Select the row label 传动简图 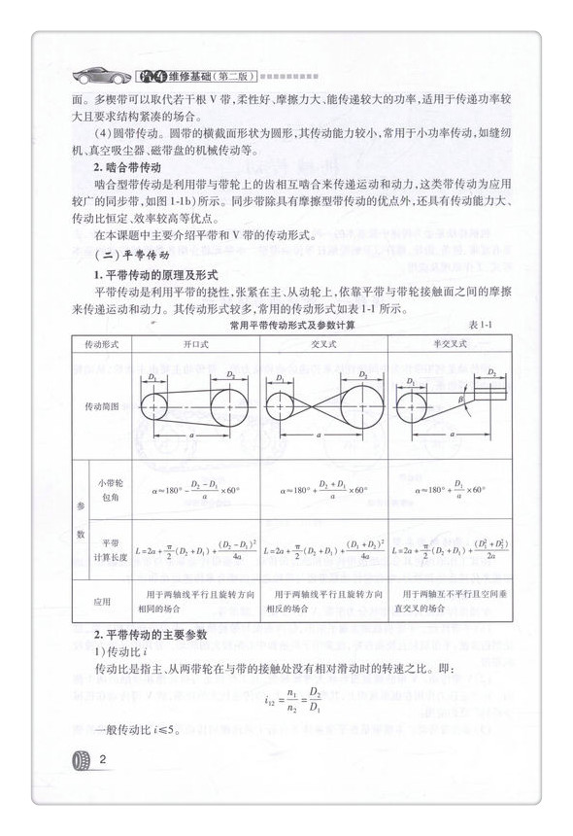(102, 406)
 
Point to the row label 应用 (102, 601)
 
